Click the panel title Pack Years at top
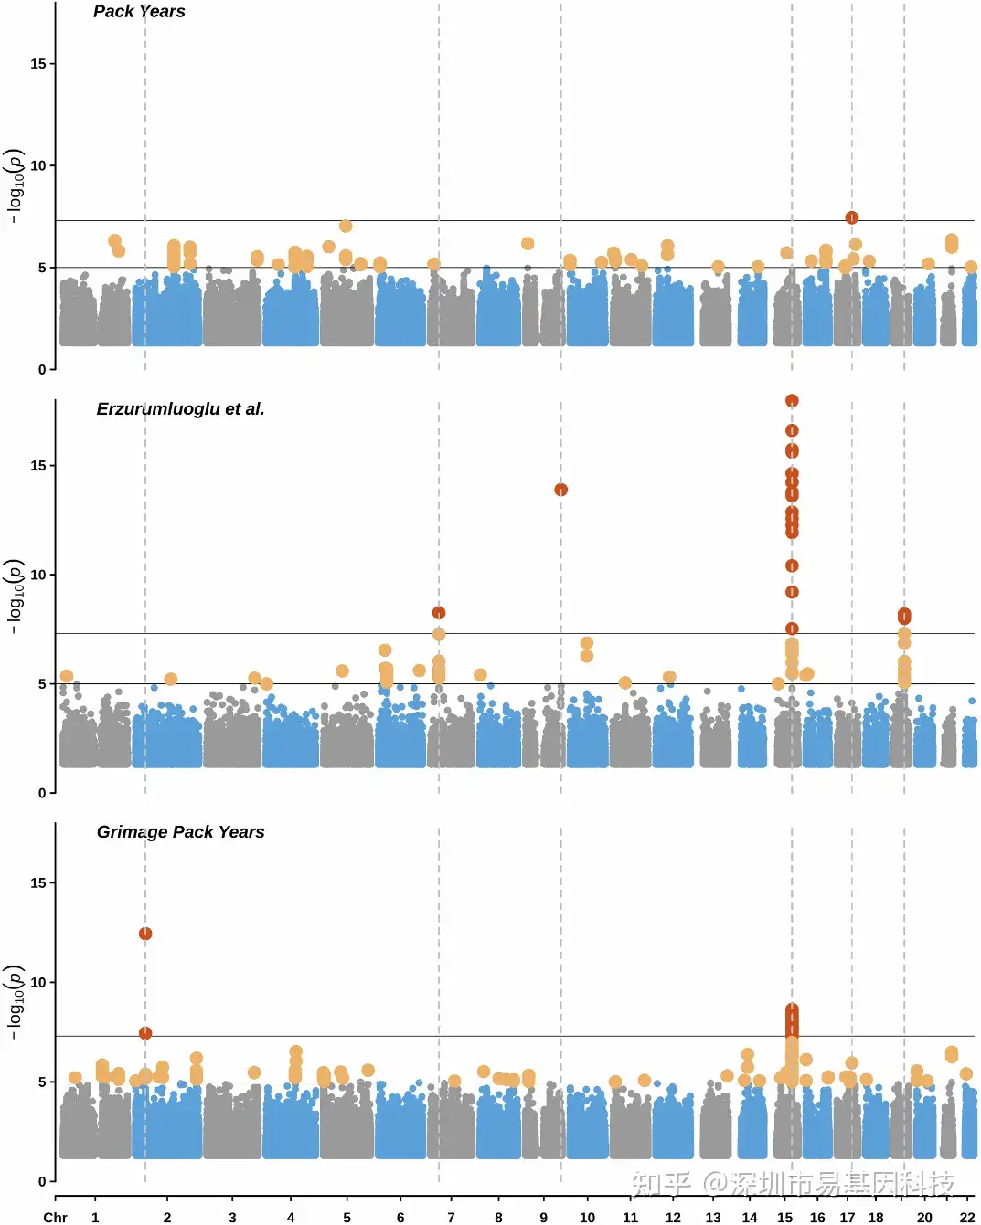pyautogui.click(x=139, y=12)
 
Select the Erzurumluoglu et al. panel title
pyautogui.click(x=180, y=409)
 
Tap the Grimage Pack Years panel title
pyautogui.click(x=180, y=832)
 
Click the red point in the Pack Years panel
pyautogui.click(x=851, y=217)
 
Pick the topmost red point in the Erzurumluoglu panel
pyautogui.click(x=792, y=401)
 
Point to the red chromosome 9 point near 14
pyautogui.click(x=561, y=490)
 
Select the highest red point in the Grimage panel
pyautogui.click(x=145, y=934)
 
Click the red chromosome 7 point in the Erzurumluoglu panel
pyautogui.click(x=439, y=613)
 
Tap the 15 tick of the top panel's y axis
pyautogui.click(x=38, y=64)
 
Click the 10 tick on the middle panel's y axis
pyautogui.click(x=38, y=575)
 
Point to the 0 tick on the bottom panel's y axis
pyautogui.click(x=42, y=1181)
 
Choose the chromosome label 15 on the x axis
pyautogui.click(x=784, y=1217)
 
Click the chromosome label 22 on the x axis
pyautogui.click(x=967, y=1217)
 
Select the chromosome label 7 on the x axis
pyautogui.click(x=451, y=1217)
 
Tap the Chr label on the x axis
pyautogui.click(x=56, y=1217)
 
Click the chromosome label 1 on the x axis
pyautogui.click(x=95, y=1217)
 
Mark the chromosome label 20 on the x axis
pyautogui.click(x=924, y=1217)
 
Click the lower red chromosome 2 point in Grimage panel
pyautogui.click(x=145, y=1033)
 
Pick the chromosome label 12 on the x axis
pyautogui.click(x=673, y=1217)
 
